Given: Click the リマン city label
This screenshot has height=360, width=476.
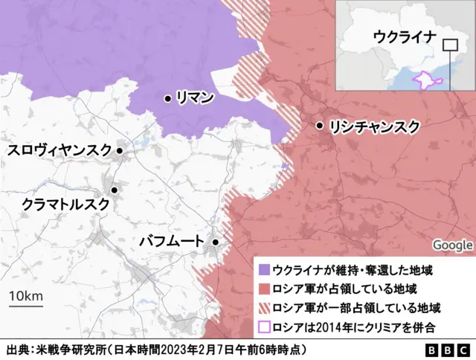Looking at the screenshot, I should click(x=195, y=97).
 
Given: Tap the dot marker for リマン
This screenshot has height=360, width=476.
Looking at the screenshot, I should click(x=169, y=97).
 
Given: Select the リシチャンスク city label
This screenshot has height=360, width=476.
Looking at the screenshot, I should click(x=375, y=126).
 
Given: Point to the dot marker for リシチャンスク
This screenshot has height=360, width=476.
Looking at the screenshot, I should click(x=320, y=126).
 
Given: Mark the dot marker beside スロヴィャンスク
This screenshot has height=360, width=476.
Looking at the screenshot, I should click(x=120, y=151).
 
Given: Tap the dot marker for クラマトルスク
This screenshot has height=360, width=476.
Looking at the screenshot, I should click(x=115, y=190).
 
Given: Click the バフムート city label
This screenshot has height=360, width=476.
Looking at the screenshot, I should click(x=170, y=242).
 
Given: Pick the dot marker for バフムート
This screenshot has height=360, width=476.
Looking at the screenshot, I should click(x=215, y=242).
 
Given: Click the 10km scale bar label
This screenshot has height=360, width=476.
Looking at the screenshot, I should click(x=25, y=297).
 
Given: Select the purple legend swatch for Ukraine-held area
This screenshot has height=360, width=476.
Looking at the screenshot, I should click(x=263, y=269).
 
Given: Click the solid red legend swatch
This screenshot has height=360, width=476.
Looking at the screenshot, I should click(x=263, y=289).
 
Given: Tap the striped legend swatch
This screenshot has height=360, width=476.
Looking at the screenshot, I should click(x=263, y=307).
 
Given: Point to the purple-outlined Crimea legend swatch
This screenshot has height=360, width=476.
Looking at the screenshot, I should click(x=263, y=326).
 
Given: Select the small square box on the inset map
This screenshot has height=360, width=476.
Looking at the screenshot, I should click(x=450, y=45).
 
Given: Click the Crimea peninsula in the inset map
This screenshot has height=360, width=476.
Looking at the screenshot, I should click(x=425, y=80).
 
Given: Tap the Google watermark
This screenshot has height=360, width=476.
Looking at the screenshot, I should click(x=452, y=245).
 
